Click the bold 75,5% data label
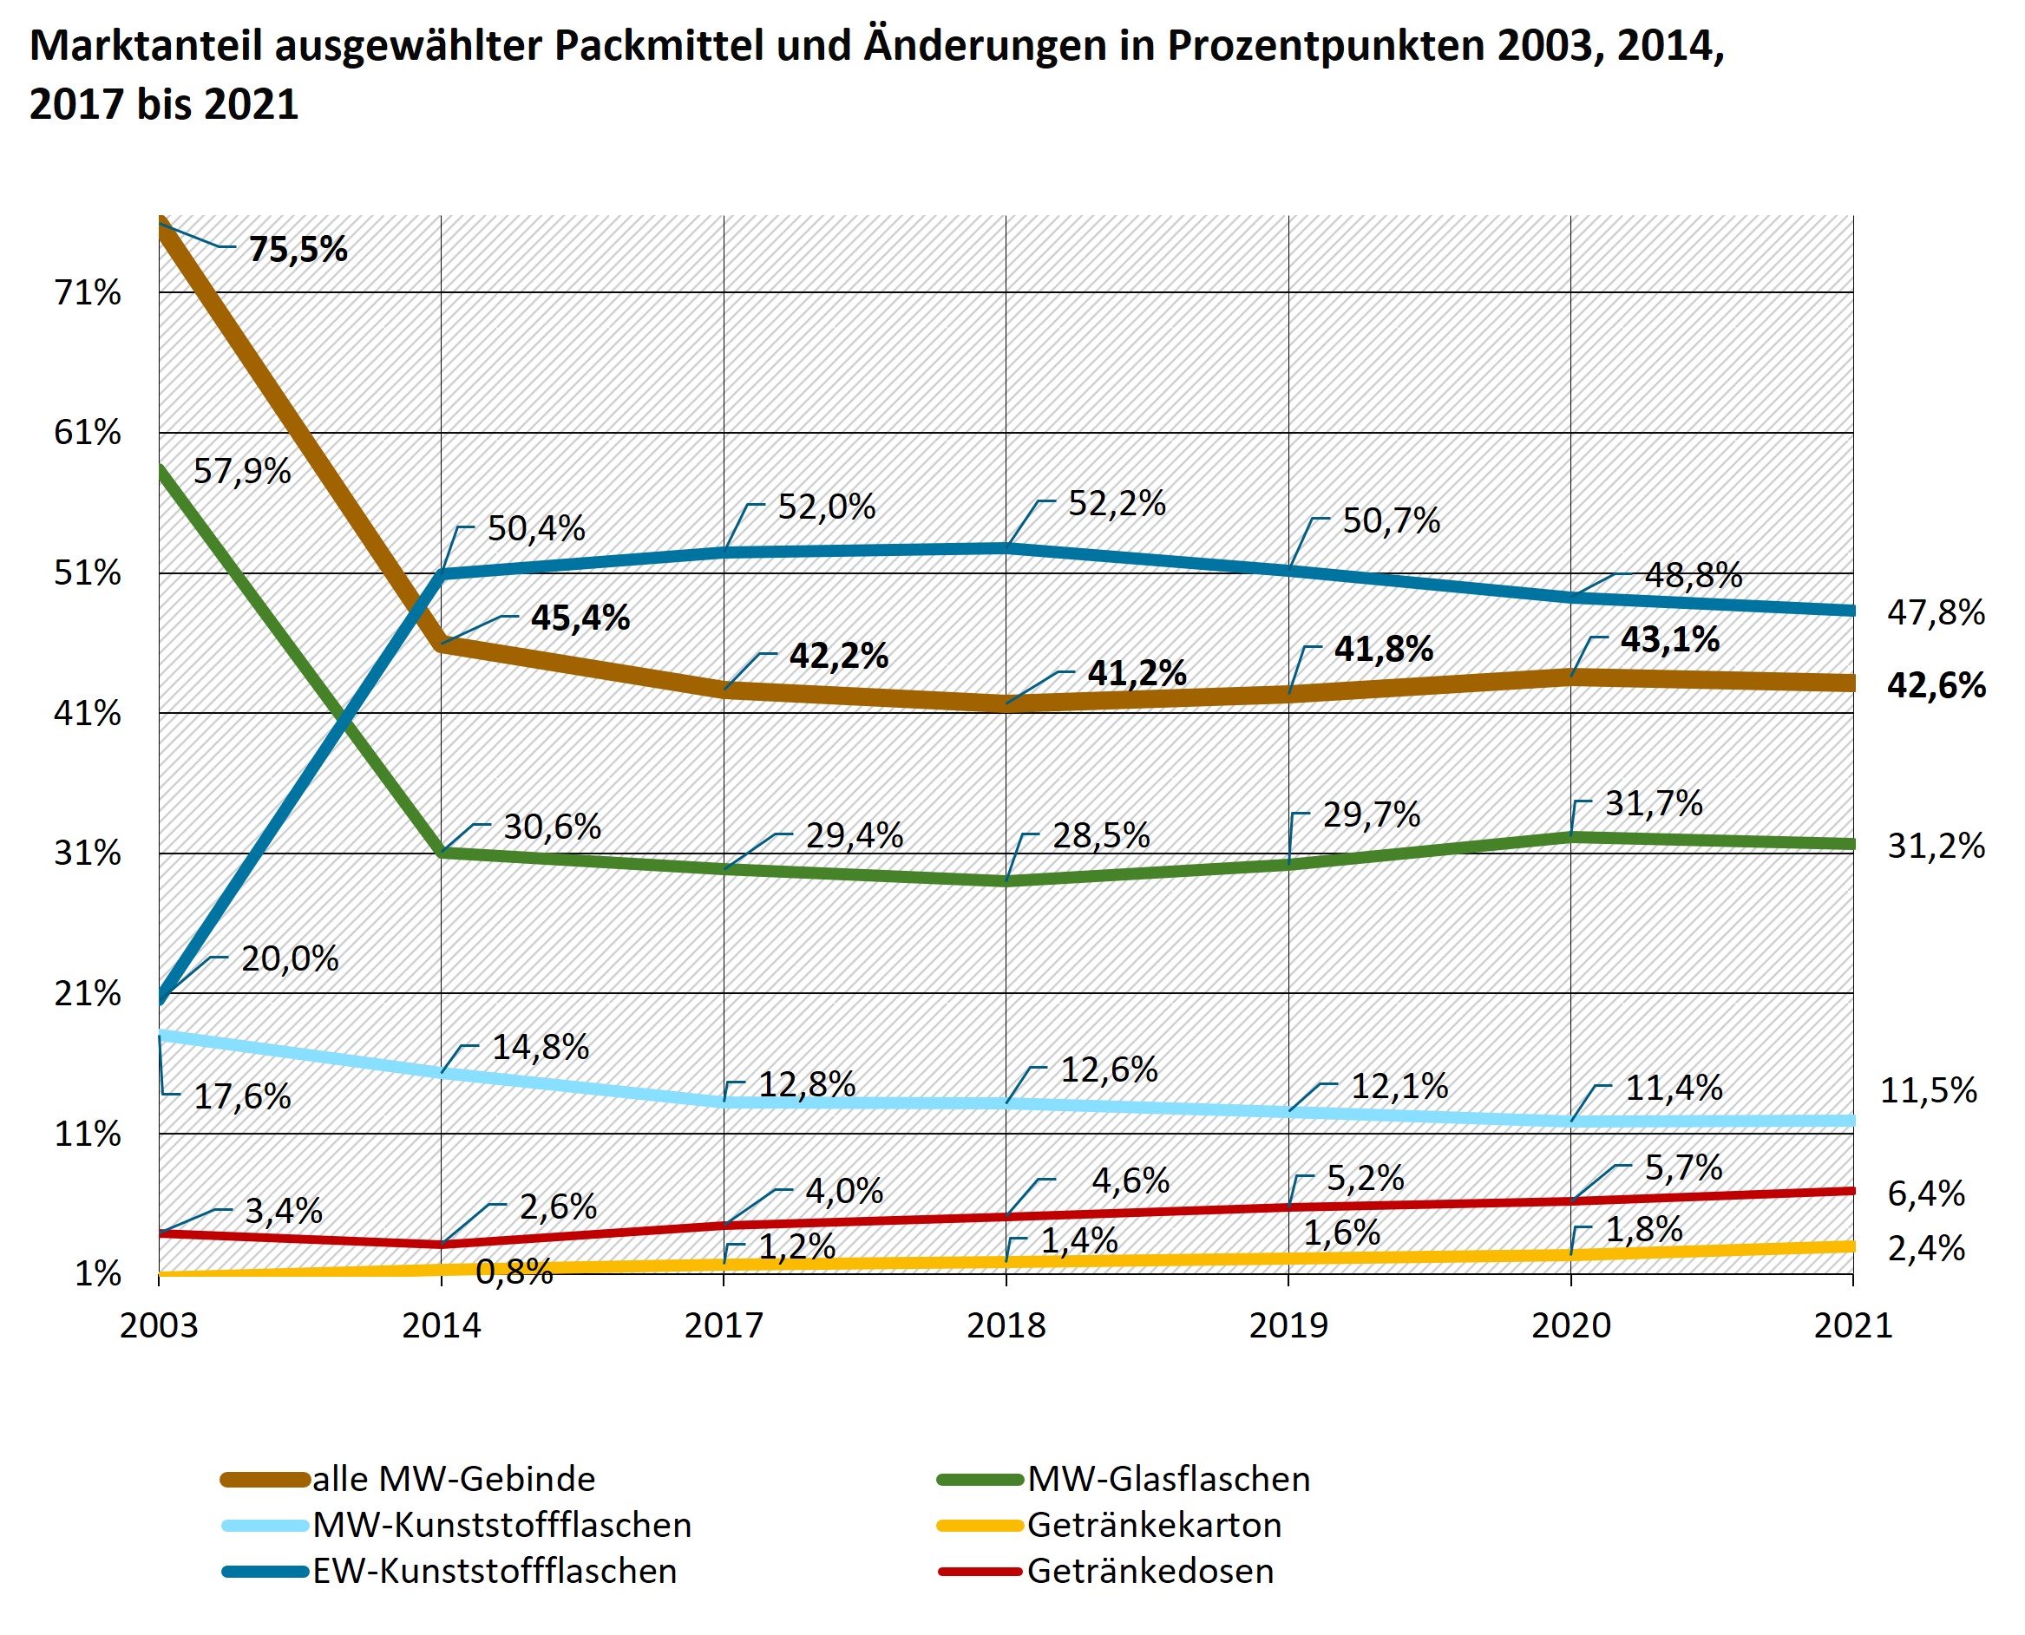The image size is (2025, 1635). [x=298, y=250]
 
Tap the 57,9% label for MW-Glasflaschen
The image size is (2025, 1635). [x=242, y=471]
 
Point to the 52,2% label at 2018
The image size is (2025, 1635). [x=1116, y=505]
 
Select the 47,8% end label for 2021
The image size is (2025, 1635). [x=1936, y=613]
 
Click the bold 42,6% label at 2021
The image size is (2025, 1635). [x=1936, y=685]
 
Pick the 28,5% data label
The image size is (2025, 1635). [x=1100, y=835]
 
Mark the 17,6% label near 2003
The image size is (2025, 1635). [x=242, y=1096]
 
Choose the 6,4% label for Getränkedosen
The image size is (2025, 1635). [x=1926, y=1194]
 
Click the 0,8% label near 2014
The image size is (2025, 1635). [x=514, y=1272]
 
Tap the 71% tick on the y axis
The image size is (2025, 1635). [x=88, y=293]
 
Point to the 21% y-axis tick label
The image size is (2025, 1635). [x=88, y=994]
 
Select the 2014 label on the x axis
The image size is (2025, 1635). [x=441, y=1326]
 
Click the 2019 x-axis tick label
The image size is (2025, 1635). [x=1288, y=1326]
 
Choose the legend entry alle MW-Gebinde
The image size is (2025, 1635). [x=453, y=1480]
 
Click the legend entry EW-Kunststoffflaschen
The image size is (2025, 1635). [x=495, y=1572]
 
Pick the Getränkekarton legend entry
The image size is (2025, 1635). [x=1154, y=1526]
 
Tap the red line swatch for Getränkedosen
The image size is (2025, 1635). [x=980, y=1572]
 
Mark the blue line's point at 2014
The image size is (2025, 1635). [x=442, y=572]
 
